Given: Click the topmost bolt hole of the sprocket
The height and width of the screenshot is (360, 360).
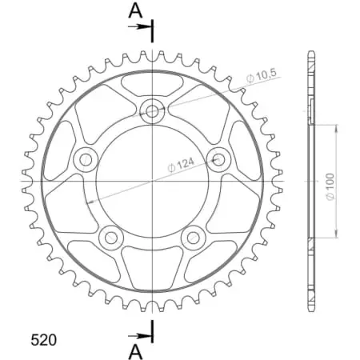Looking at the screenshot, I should tap(151, 110).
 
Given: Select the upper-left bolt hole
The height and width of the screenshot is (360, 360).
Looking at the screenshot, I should tap(84, 160).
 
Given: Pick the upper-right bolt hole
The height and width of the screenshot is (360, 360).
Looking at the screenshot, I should tap(218, 159).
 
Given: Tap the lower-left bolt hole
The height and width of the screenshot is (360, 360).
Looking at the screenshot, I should tap(110, 237).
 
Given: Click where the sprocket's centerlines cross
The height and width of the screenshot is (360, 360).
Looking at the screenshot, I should tap(151, 182).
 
